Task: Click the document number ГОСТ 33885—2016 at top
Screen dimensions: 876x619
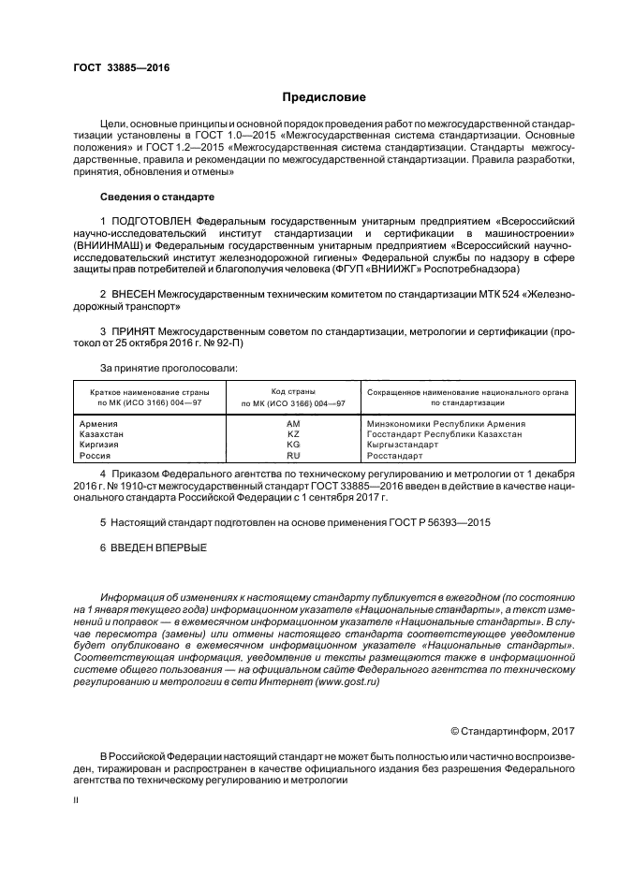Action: tap(116, 67)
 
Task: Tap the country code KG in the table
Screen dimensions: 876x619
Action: tap(293, 445)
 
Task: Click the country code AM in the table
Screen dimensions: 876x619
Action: tap(293, 424)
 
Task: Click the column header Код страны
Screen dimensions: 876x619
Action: tap(293, 391)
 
